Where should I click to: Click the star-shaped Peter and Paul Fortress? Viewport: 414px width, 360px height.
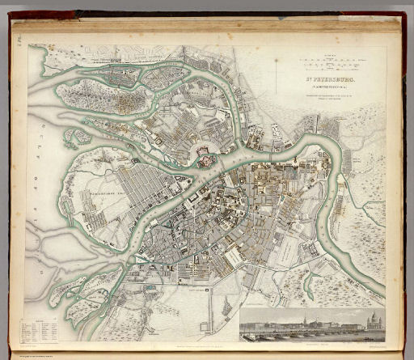pos(205,161)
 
